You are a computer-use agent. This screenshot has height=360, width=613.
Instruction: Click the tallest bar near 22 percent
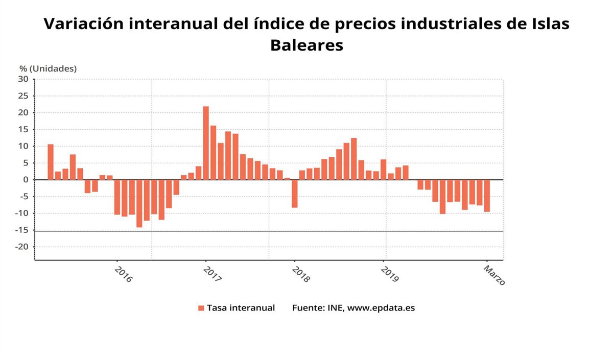click(x=206, y=143)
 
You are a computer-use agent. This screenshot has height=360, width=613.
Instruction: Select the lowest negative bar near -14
click(x=139, y=203)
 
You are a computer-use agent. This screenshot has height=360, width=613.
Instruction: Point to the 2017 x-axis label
click(x=212, y=273)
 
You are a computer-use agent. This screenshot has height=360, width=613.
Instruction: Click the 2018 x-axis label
click(x=301, y=273)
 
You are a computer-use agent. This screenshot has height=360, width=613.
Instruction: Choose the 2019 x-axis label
click(x=390, y=273)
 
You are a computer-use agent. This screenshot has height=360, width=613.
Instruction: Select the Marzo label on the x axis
click(x=494, y=275)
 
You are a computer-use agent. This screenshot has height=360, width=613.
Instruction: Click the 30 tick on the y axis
click(x=23, y=79)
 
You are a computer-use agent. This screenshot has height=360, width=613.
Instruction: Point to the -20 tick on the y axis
click(x=22, y=247)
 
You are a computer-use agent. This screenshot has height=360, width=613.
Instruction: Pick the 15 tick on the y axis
click(x=23, y=129)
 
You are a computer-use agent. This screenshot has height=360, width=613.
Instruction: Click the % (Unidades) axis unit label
click(x=48, y=68)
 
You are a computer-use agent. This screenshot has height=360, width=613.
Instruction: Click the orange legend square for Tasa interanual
click(x=201, y=308)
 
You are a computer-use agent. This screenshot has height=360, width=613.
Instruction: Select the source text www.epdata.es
click(x=381, y=308)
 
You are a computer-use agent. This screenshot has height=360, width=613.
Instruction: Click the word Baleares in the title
click(x=306, y=45)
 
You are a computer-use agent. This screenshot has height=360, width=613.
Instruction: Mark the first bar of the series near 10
click(x=51, y=162)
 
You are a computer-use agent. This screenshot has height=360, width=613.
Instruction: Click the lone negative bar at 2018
click(x=295, y=194)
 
